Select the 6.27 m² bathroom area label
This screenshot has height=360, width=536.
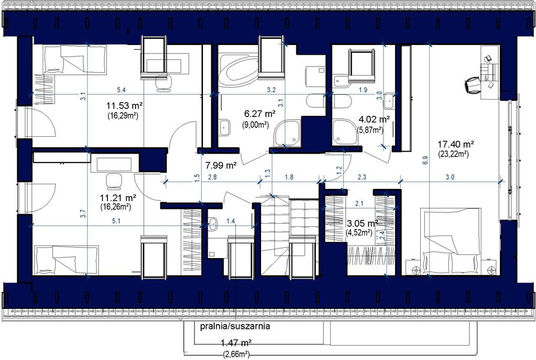[259, 113]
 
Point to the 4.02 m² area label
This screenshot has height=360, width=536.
[374, 119]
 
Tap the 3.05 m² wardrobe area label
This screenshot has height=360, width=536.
[362, 223]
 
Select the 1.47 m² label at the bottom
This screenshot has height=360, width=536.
[236, 343]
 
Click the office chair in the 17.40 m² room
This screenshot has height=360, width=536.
[471, 83]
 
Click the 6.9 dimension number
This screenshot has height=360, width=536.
[425, 161]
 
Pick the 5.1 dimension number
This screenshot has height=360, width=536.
[116, 221]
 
